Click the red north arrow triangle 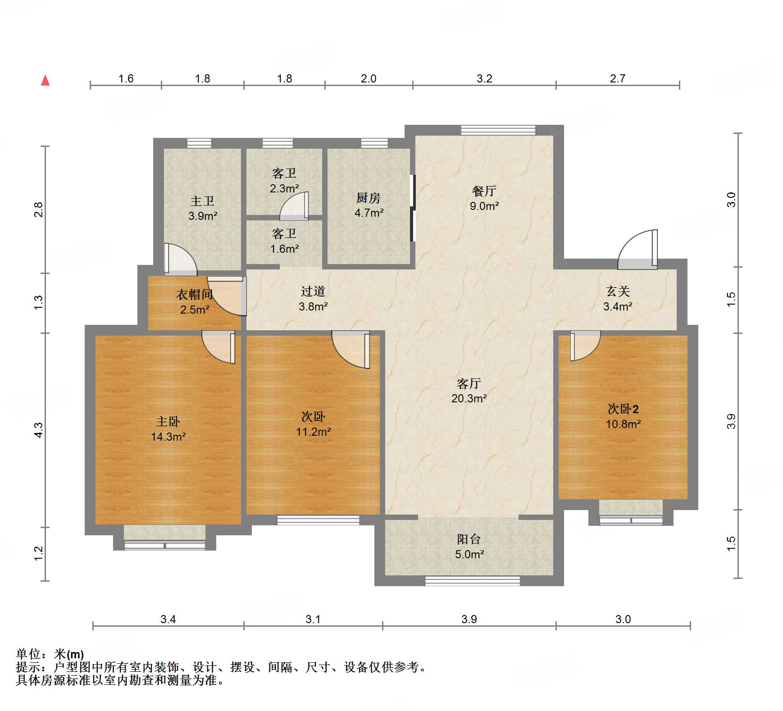(x=45, y=81)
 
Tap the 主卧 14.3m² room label (x=168, y=429)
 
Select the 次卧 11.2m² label (x=313, y=424)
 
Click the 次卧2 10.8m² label (x=623, y=416)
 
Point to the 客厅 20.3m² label (x=469, y=391)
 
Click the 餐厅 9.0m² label (x=484, y=198)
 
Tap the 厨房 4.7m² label (x=369, y=205)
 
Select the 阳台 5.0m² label (x=469, y=547)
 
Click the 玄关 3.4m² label (x=618, y=299)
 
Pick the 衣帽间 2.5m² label (x=194, y=302)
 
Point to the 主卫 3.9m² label (x=202, y=208)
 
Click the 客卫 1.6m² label (x=284, y=241)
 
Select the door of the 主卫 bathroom (x=180, y=260)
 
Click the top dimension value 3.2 (x=484, y=78)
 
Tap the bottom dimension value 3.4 (x=168, y=619)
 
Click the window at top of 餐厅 (x=498, y=130)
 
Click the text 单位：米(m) (x=50, y=654)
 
